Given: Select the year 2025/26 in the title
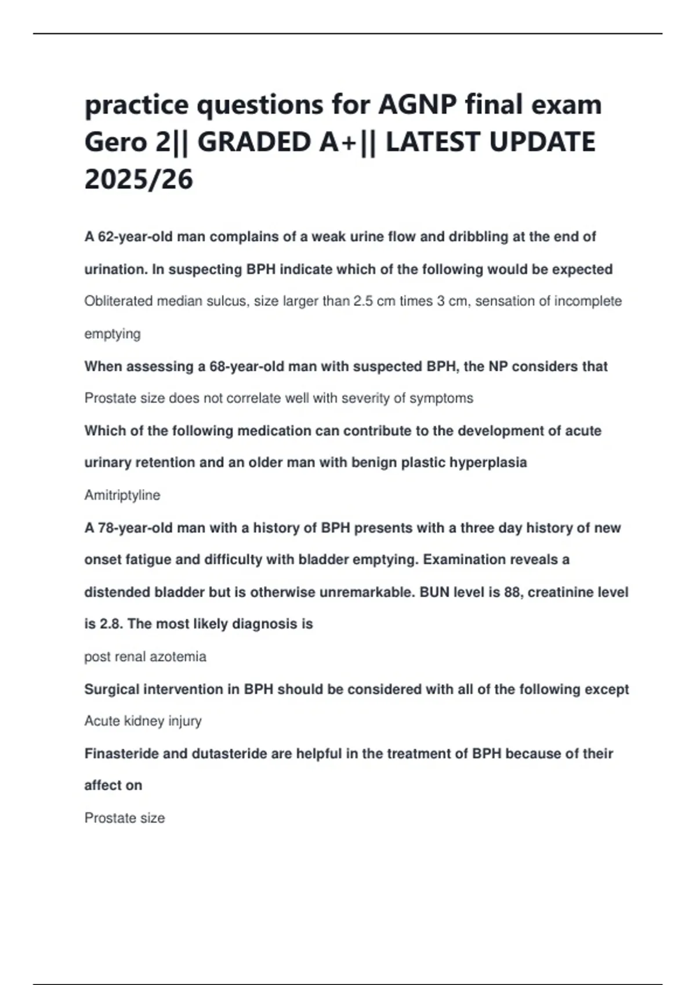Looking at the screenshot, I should pos(139,179).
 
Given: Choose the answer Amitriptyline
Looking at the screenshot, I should pos(122,495).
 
